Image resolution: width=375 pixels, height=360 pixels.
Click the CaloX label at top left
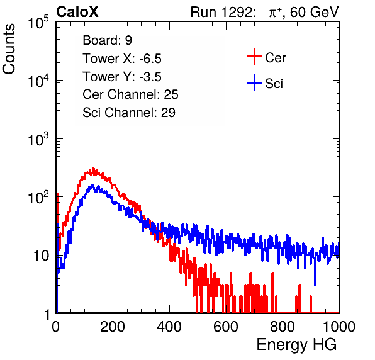77,12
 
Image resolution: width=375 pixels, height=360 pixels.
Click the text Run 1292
221,12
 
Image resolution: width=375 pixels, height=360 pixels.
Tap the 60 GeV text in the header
314,12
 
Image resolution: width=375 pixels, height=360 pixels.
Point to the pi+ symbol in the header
275,13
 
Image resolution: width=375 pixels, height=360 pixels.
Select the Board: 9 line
107,40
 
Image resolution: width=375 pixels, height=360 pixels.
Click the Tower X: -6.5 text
122,59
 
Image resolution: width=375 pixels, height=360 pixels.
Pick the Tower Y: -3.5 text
122,77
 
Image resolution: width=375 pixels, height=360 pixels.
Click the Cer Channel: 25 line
130,94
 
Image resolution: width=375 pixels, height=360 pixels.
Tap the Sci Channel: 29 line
129,113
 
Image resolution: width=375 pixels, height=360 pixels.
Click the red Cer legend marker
254,57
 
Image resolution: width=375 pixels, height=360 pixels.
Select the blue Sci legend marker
254,83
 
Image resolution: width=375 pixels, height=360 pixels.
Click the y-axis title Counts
9,49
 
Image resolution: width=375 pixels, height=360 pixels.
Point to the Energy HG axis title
296,345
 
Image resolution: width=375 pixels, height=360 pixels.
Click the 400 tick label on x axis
169,327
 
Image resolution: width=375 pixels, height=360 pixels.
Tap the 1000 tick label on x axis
339,327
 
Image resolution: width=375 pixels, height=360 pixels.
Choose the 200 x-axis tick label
113,327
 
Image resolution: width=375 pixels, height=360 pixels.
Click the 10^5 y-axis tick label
38,22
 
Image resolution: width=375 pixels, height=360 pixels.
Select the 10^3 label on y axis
38,138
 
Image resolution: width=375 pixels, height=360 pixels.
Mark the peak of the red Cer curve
93,169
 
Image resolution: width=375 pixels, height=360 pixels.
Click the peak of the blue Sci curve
92,186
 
